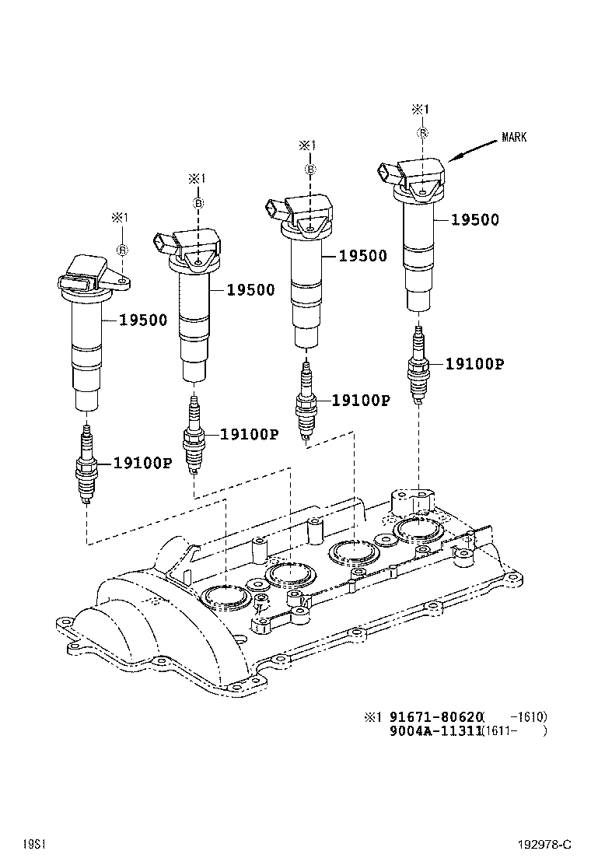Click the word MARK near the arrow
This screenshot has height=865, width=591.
tap(514, 138)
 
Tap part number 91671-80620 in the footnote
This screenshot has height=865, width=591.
tap(435, 716)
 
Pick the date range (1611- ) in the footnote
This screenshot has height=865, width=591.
tap(514, 731)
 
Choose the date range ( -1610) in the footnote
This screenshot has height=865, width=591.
tap(519, 716)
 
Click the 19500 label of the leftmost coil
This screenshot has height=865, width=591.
tap(142, 320)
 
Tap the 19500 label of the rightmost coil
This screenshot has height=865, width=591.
tap(474, 220)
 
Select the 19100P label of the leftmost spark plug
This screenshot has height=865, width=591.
tap(142, 463)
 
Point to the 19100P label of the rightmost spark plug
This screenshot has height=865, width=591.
tap(474, 363)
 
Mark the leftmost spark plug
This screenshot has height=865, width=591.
tap(86, 464)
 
